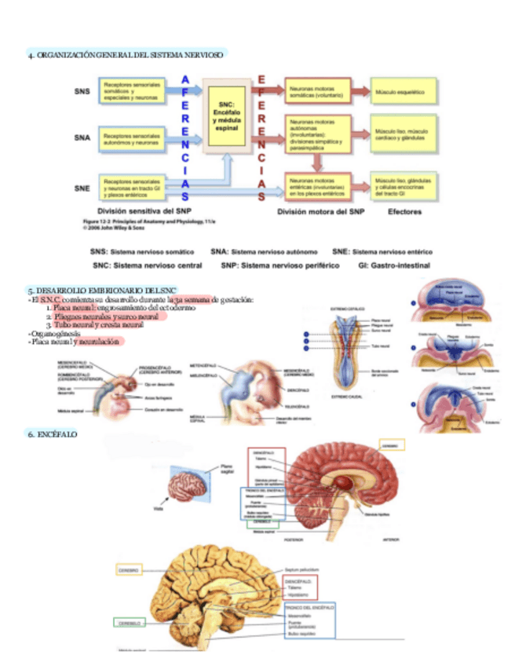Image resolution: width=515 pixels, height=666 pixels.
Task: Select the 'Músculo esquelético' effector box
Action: tap(401, 92)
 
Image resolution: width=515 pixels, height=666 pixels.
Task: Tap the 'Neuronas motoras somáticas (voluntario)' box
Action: tap(316, 91)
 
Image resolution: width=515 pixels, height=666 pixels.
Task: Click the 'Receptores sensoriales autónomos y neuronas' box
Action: tap(131, 139)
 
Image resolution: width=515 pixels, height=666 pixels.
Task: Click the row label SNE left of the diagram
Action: tap(82, 188)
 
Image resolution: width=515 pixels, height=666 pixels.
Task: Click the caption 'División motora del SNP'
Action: tap(321, 211)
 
